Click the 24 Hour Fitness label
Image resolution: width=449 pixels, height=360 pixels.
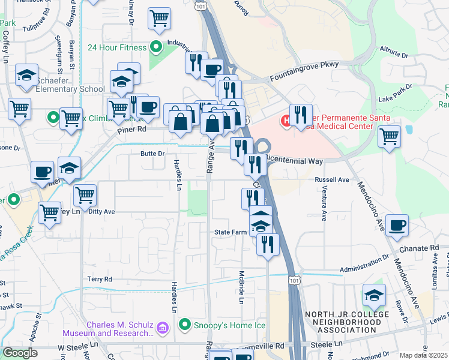[116, 47]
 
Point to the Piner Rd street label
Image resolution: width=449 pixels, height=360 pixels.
[131, 129]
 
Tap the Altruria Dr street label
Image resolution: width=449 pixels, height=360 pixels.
[394, 51]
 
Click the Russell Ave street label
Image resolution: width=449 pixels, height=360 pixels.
[332, 179]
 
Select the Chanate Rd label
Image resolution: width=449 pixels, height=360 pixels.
[426, 247]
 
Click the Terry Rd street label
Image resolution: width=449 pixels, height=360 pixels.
[100, 279]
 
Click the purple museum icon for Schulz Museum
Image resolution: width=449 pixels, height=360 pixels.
[162, 328]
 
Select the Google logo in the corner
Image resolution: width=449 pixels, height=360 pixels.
[20, 353]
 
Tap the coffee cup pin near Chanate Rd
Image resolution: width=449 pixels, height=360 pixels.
[397, 226]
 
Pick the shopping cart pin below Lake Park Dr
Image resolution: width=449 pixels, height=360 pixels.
[389, 136]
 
